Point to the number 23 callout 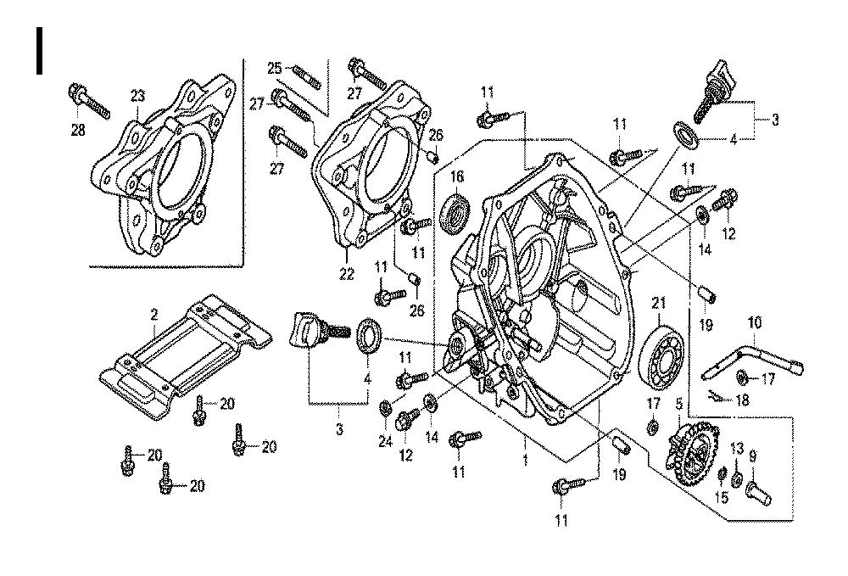coord(137,97)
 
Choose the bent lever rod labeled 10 coord(750,355)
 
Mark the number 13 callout coord(736,448)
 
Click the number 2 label coord(154,315)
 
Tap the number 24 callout coord(386,440)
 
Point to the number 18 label coord(743,400)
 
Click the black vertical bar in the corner coord(39,50)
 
